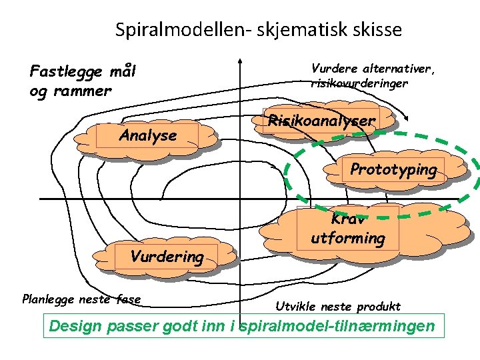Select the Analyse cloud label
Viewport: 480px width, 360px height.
(x=148, y=135)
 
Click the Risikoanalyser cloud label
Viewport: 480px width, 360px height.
(x=321, y=121)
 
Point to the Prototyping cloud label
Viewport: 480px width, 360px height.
(x=393, y=169)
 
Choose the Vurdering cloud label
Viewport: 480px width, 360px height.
(x=167, y=257)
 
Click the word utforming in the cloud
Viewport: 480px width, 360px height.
(x=348, y=238)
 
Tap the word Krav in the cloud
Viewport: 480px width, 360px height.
(x=347, y=220)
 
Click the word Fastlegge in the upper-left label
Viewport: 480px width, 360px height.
(x=64, y=71)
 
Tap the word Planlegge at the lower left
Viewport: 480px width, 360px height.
(x=50, y=299)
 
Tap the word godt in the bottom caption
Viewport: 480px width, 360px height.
(x=198, y=327)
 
